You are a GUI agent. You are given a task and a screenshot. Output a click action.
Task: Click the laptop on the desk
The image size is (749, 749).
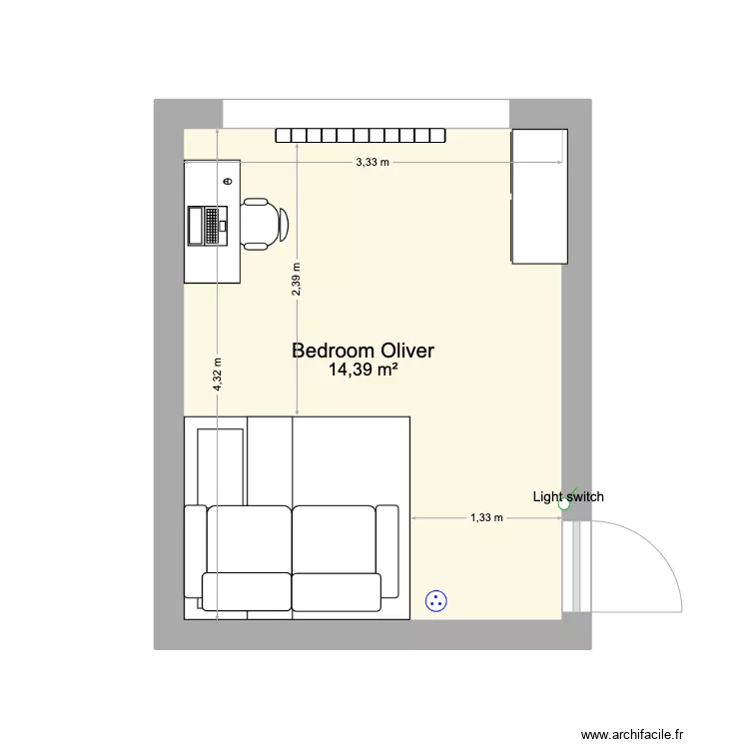pyautogui.click(x=209, y=225)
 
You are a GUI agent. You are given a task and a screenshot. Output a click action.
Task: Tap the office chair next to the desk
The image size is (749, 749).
pyautogui.click(x=263, y=224)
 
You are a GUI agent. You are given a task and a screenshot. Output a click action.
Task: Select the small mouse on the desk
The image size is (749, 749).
pyautogui.click(x=228, y=182)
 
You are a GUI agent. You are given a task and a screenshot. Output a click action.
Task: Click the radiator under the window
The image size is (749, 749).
pyautogui.click(x=362, y=136)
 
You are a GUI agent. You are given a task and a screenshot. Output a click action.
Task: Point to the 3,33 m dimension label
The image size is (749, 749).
pyautogui.click(x=373, y=162)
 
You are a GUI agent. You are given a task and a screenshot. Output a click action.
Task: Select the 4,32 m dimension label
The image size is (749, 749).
pyautogui.click(x=217, y=374)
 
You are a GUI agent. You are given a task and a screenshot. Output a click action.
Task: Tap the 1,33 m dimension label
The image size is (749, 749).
pyautogui.click(x=486, y=518)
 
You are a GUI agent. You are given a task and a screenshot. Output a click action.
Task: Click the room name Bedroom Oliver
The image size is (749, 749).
pyautogui.click(x=363, y=351)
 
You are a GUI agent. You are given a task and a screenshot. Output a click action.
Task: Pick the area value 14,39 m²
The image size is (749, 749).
pyautogui.click(x=363, y=370)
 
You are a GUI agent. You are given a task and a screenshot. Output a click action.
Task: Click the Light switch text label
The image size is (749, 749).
pyautogui.click(x=567, y=496)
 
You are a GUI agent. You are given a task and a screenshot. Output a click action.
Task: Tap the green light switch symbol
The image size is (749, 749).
pyautogui.click(x=564, y=505)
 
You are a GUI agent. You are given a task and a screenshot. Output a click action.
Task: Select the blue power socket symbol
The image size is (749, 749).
pyautogui.click(x=435, y=600)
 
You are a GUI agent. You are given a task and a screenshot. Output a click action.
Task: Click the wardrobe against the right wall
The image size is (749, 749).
pyautogui.click(x=539, y=197)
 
